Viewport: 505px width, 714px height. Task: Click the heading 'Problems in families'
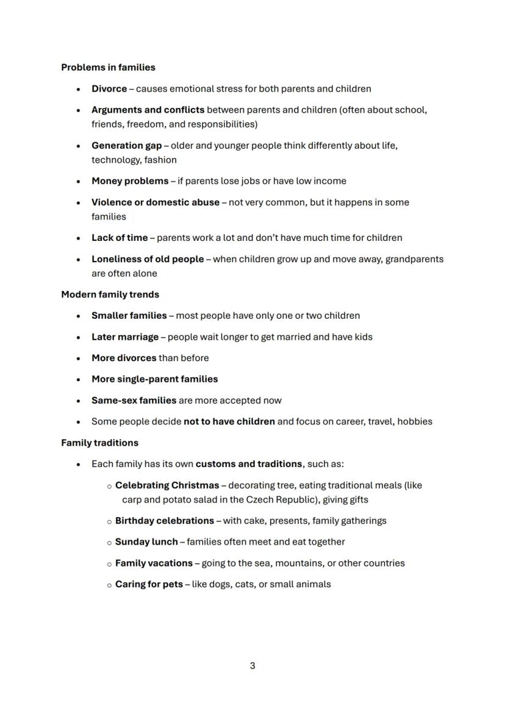[x=108, y=68]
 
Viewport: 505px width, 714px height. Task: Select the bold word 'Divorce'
[x=109, y=89]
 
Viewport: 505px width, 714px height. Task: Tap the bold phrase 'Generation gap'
[x=126, y=146]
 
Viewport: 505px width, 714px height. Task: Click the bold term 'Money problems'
[x=130, y=181]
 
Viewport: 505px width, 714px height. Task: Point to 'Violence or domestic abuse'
[x=155, y=202]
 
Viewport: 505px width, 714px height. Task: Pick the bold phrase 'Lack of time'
[x=120, y=238]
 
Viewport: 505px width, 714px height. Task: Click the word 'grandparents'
[x=414, y=259]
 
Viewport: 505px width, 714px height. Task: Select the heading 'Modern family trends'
[x=110, y=295]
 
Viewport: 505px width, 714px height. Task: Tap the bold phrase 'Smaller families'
[x=129, y=316]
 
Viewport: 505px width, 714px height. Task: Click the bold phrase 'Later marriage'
[x=125, y=337]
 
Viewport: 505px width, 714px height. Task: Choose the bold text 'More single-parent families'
[x=154, y=379]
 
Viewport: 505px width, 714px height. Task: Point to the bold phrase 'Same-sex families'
[x=134, y=401]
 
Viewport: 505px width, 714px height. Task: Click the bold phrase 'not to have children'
[x=229, y=422]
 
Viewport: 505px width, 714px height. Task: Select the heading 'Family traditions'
[x=99, y=443]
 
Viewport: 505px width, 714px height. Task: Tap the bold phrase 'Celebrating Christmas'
[x=167, y=486]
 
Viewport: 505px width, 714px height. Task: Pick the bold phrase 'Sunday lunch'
[x=146, y=542]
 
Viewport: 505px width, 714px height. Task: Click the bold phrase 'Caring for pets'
[x=149, y=585]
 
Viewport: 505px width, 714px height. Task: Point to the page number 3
[x=253, y=666]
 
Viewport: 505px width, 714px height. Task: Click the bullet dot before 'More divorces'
[x=79, y=359]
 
